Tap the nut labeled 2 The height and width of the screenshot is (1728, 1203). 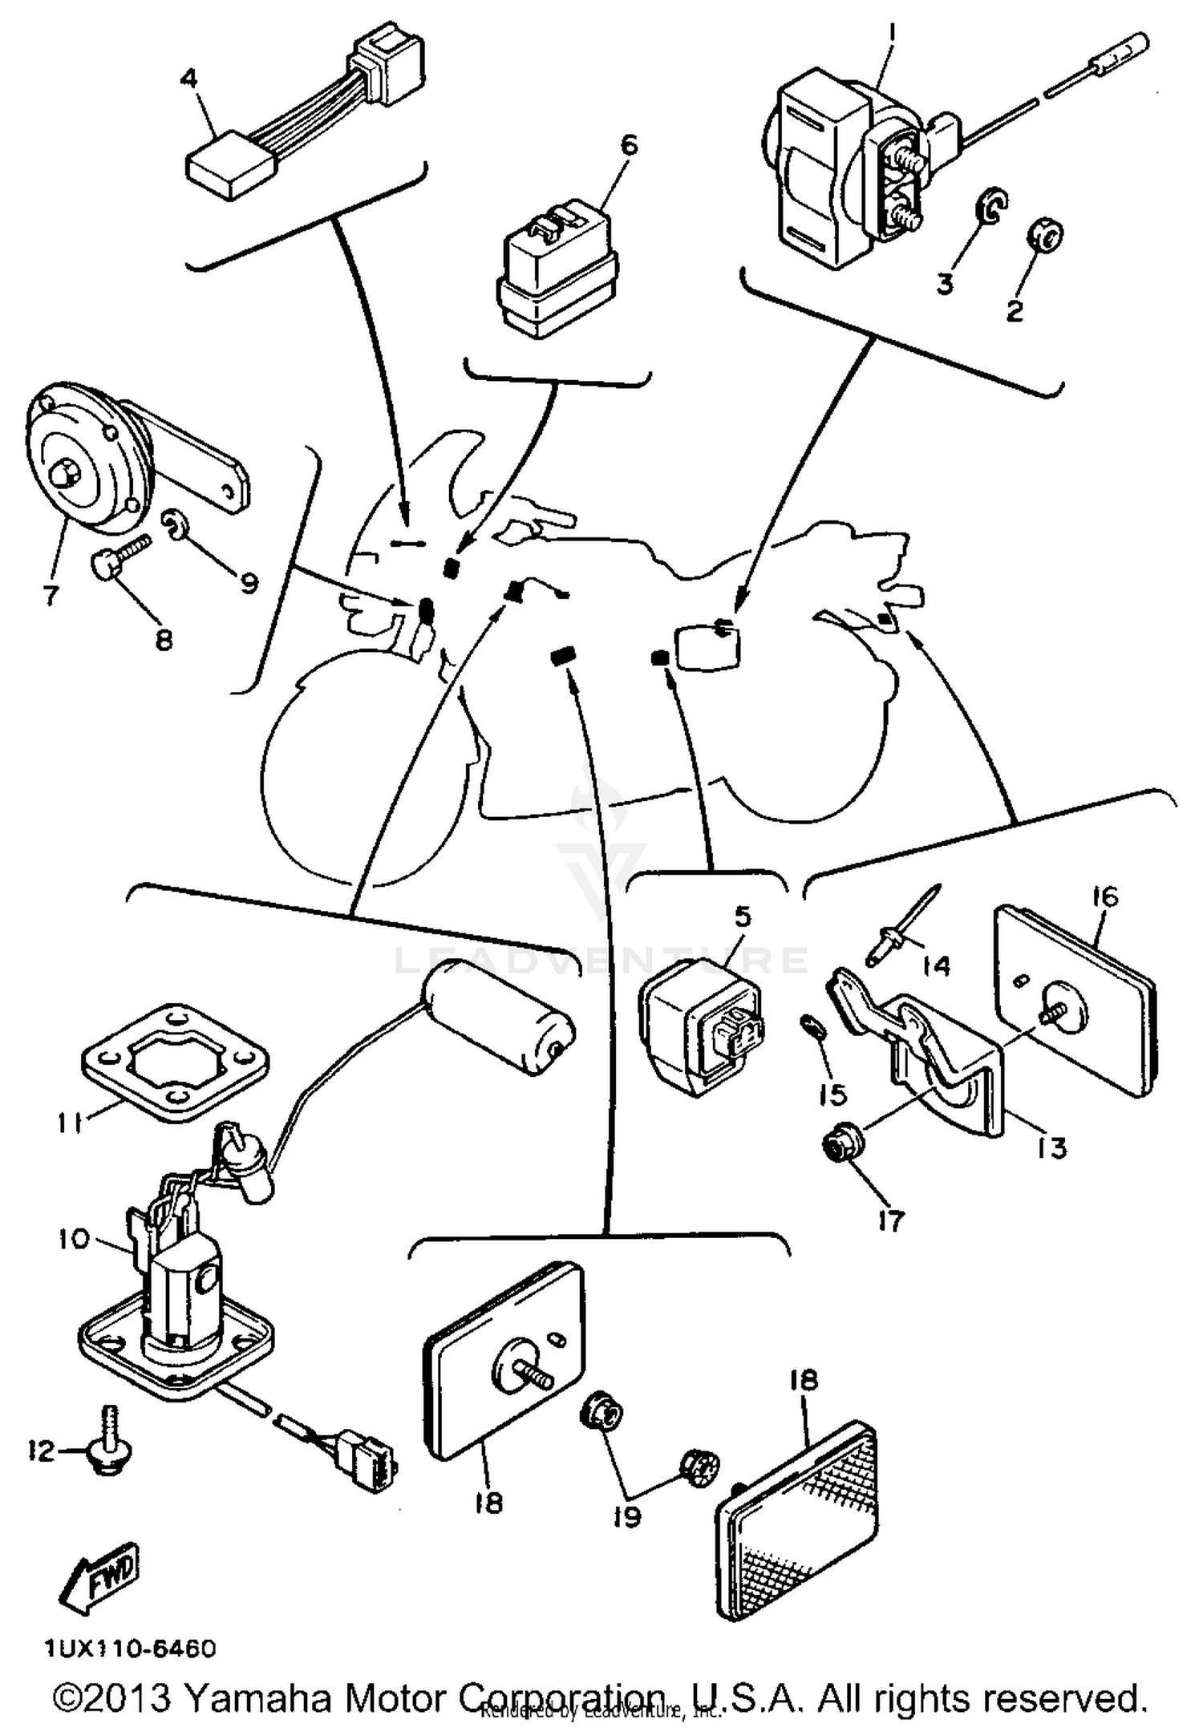point(1044,237)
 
